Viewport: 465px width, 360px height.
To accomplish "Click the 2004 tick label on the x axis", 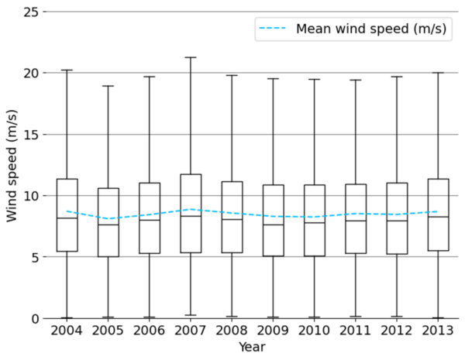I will tap(67, 331).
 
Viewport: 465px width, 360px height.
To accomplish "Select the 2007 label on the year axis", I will tap(191, 331).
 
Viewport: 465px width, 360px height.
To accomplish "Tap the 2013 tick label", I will tap(438, 331).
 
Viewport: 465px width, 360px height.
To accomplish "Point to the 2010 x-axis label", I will tap(314, 331).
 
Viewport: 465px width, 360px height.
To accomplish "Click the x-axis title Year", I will tap(252, 348).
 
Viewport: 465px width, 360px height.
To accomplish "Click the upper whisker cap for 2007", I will tap(191, 57).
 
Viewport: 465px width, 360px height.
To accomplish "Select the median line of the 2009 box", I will tap(273, 225).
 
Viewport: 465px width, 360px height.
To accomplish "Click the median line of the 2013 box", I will tap(438, 217).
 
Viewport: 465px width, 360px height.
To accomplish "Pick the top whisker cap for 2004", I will tap(67, 70).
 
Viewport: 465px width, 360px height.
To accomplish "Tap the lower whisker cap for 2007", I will tap(191, 315).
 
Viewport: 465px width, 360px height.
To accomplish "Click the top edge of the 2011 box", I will tap(355, 184).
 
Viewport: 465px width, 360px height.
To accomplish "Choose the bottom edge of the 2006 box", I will tap(150, 253).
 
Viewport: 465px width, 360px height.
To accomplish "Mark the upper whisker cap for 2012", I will tap(397, 77).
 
